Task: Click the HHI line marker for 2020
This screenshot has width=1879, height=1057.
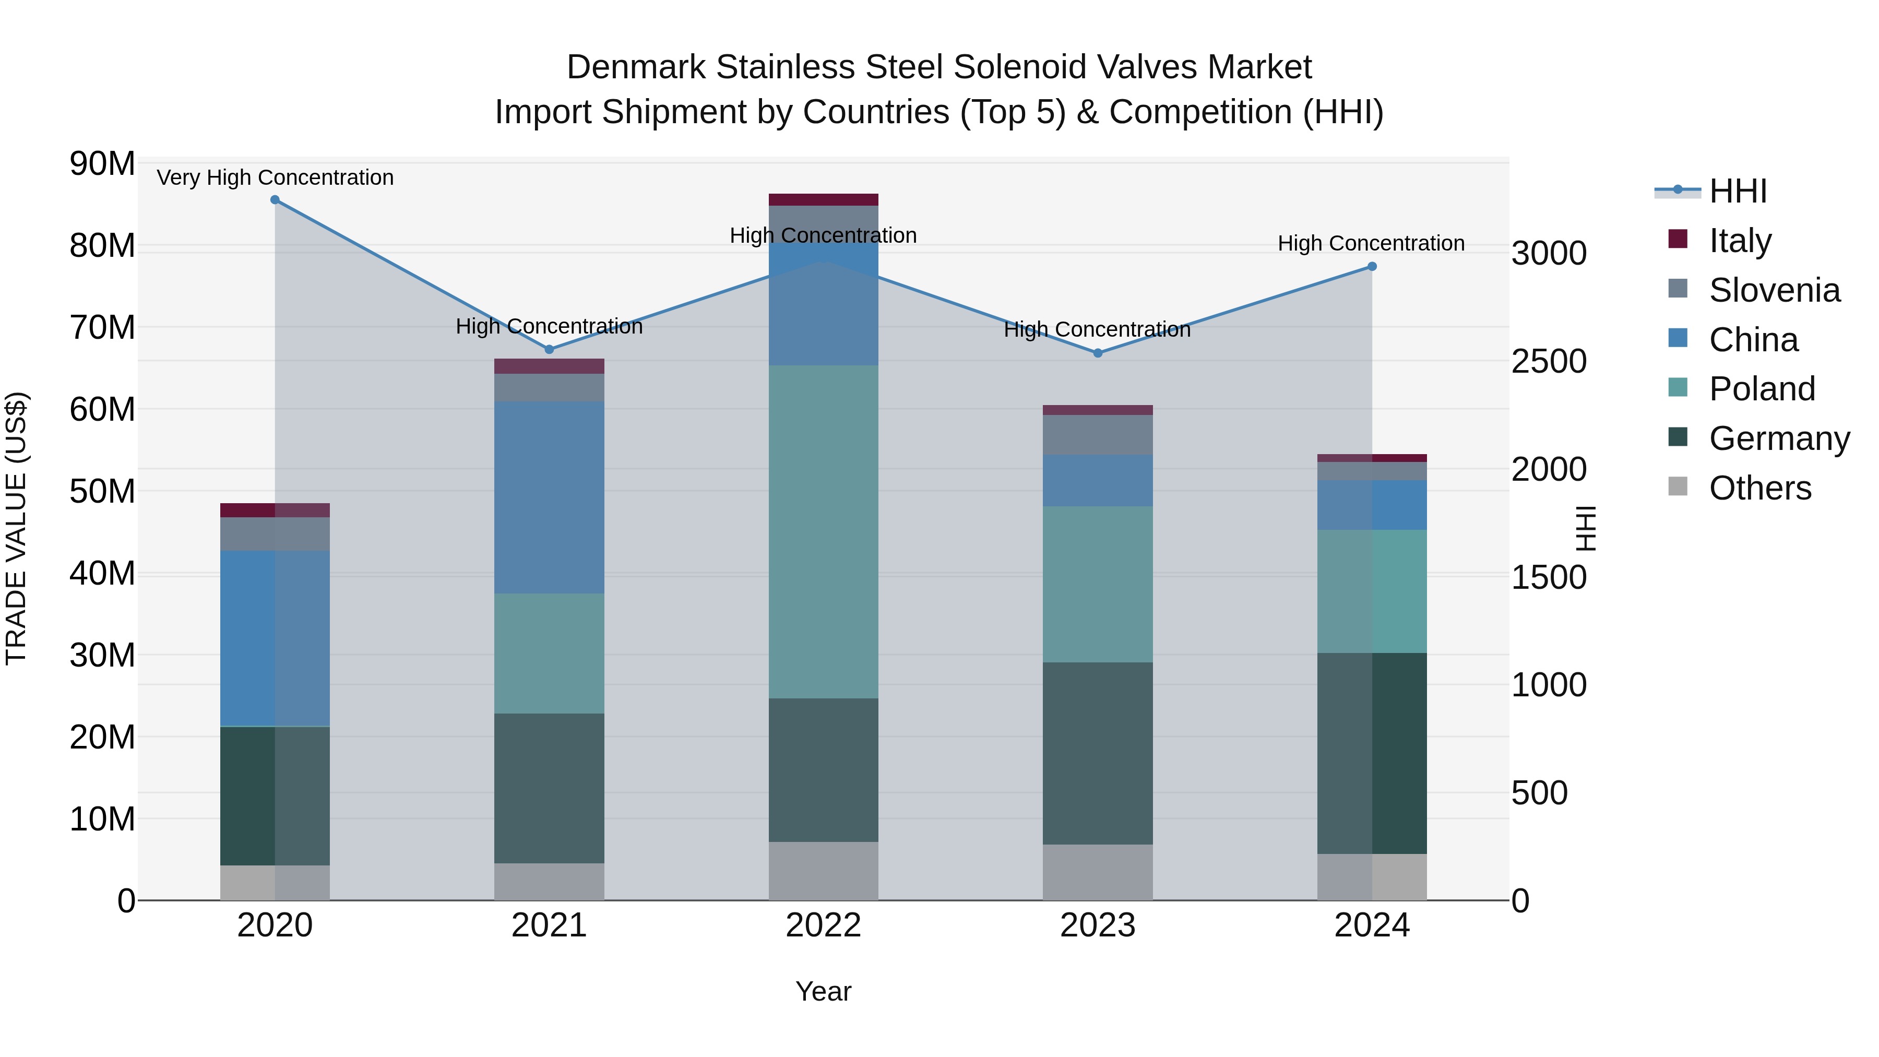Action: pos(275,200)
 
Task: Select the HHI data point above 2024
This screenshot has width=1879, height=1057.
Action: pos(1372,267)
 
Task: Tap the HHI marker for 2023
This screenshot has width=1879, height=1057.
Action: pos(1098,353)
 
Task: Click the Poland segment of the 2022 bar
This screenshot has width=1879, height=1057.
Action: pos(824,532)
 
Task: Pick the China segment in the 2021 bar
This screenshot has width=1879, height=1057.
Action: pos(549,497)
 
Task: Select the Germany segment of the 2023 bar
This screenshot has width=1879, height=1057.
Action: pos(1098,754)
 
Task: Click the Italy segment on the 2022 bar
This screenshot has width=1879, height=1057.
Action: pos(824,200)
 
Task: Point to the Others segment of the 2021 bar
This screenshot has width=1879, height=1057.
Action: pos(549,882)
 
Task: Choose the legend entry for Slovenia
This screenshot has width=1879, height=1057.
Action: pos(1774,290)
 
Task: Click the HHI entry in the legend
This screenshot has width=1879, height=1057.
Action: pos(1738,191)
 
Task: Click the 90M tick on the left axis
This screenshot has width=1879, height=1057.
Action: pos(102,163)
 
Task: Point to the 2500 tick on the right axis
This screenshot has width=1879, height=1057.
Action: pos(1549,361)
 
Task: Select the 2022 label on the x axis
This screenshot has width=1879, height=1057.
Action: pos(824,925)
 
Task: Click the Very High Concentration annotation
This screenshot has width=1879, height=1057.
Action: pos(275,177)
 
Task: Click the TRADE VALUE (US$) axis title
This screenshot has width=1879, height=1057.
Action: pos(16,528)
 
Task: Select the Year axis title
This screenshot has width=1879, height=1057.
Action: pos(824,991)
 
